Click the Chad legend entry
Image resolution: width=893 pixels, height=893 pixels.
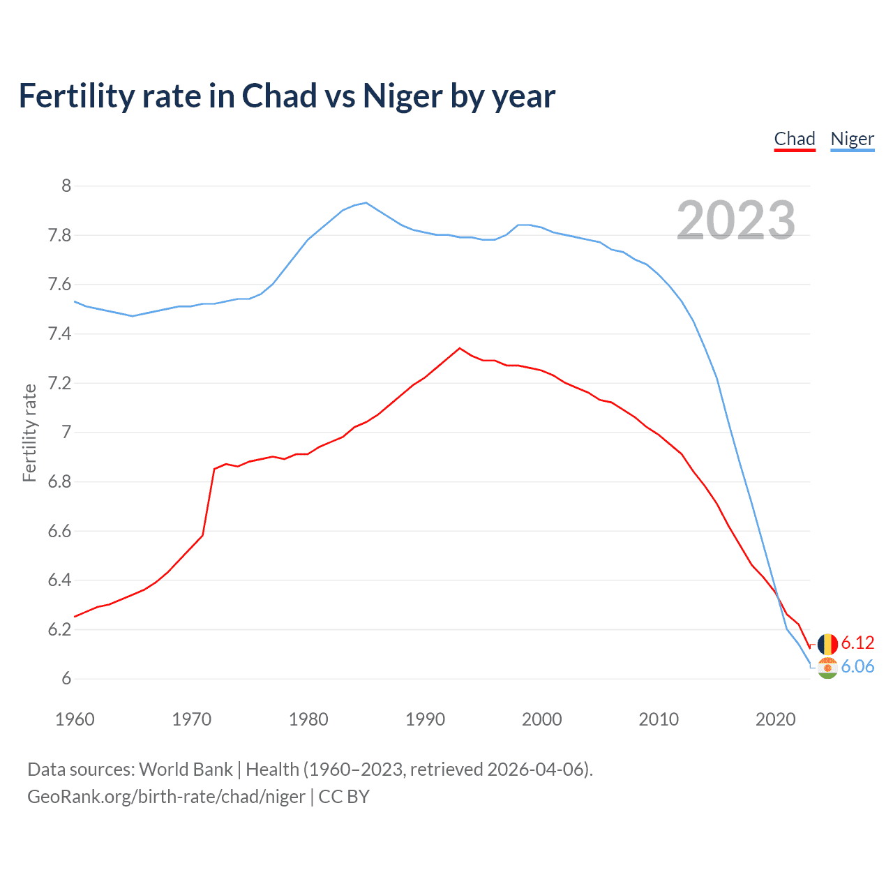(x=795, y=139)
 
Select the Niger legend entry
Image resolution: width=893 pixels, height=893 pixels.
(x=852, y=139)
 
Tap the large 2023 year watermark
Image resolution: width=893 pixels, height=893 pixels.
(x=736, y=220)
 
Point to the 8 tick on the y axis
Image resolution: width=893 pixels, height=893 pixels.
(x=66, y=186)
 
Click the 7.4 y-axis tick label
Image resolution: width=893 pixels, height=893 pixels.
(x=59, y=334)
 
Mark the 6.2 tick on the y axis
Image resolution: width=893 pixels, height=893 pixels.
(x=59, y=630)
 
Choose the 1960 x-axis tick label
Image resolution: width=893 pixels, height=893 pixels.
(x=75, y=719)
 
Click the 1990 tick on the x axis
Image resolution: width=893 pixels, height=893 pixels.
(x=425, y=719)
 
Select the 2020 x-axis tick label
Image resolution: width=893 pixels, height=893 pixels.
(x=775, y=719)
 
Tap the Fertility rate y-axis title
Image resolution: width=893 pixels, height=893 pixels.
(x=29, y=433)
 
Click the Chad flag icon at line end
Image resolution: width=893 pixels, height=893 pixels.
(x=827, y=644)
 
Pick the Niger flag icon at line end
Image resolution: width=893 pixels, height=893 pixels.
(x=827, y=668)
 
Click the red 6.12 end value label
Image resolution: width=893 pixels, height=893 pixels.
(x=857, y=643)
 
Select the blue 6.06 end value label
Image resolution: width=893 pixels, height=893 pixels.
(x=857, y=666)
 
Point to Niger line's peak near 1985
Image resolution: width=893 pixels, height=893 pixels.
(x=366, y=203)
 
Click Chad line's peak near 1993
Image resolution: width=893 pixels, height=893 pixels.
(x=459, y=348)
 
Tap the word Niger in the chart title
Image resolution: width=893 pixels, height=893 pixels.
(x=403, y=96)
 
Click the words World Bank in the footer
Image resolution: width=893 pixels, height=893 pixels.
(x=186, y=770)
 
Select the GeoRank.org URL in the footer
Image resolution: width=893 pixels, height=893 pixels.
(x=166, y=797)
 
